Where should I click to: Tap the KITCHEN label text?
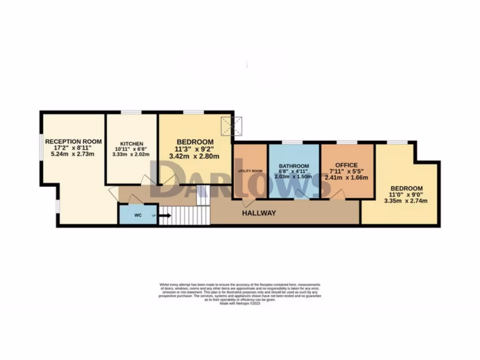coord(132,143)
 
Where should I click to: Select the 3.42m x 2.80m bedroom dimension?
coord(195,156)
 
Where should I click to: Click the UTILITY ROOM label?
coord(250,171)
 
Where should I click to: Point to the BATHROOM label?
coord(294,166)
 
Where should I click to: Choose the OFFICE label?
coord(347,165)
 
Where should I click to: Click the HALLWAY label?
coord(259,213)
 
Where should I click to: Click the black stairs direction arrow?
coord(165,216)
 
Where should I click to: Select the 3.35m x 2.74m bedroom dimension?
coord(406,201)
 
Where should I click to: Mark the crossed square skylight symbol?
coord(232,126)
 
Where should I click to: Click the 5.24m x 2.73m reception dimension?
coord(73,154)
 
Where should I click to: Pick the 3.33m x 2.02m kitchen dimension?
coord(132,155)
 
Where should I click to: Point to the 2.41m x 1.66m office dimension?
coord(347,178)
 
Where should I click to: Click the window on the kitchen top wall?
coord(131,112)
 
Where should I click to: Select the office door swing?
coord(338,195)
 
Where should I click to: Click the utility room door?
coord(250,202)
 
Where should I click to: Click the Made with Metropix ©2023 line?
coord(240,303)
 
